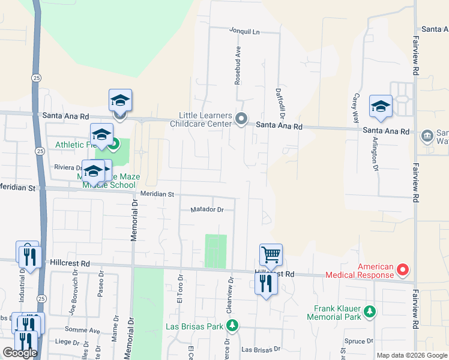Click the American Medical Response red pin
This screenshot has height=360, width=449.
coord(403,271)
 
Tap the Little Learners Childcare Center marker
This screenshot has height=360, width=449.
coord(241,119)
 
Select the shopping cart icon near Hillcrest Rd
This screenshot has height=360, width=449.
coord(271,254)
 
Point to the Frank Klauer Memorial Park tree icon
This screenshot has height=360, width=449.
coord(370,311)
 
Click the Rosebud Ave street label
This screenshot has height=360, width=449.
coord(238,64)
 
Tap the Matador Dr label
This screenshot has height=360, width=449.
coord(207,210)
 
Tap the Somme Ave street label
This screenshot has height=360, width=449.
coord(86,331)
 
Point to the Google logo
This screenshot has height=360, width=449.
coord(19,352)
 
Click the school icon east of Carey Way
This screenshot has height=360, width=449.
coord(381,106)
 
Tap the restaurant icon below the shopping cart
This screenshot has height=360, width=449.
coord(267,283)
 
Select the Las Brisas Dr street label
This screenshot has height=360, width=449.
coord(261,349)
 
